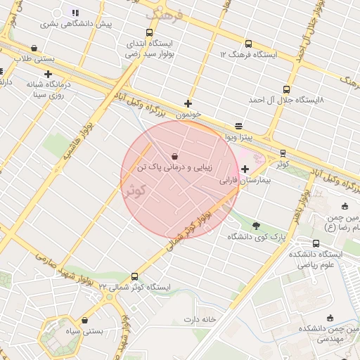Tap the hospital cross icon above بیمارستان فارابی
(x=245, y=169)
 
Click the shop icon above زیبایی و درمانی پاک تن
(x=174, y=156)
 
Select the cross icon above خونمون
(x=188, y=103)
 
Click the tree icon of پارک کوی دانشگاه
(x=255, y=226)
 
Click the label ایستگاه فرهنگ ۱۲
(x=248, y=54)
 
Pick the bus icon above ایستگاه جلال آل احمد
(x=285, y=89)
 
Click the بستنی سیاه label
(x=84, y=330)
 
